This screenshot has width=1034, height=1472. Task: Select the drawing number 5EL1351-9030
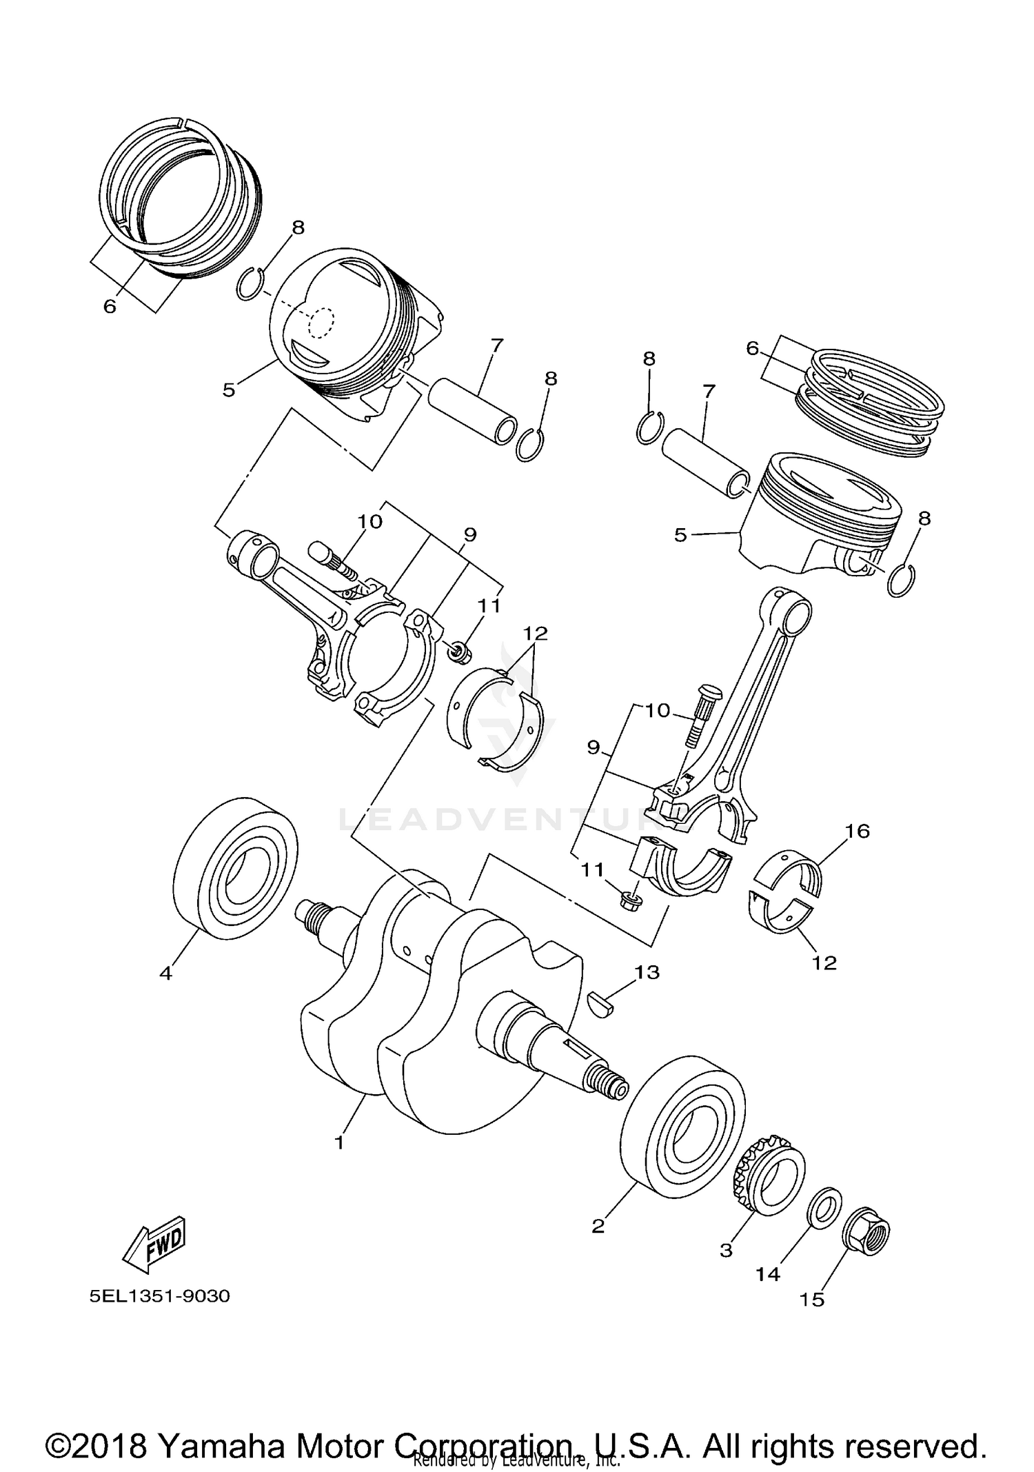coord(159,1296)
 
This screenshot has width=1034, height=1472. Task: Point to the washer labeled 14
coord(824,1205)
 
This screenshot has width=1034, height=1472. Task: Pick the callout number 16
coord(858,831)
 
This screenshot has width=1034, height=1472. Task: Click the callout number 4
coord(165,973)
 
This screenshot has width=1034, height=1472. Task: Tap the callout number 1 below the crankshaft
coord(338,1142)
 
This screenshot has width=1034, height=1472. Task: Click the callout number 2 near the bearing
coord(598,1227)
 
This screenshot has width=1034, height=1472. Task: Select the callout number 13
coord(647,972)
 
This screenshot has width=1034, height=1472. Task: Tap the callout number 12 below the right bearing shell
coord(824,962)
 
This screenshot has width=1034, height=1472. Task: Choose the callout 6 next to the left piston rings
coord(110,306)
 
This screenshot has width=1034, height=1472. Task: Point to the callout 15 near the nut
coord(811,1300)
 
